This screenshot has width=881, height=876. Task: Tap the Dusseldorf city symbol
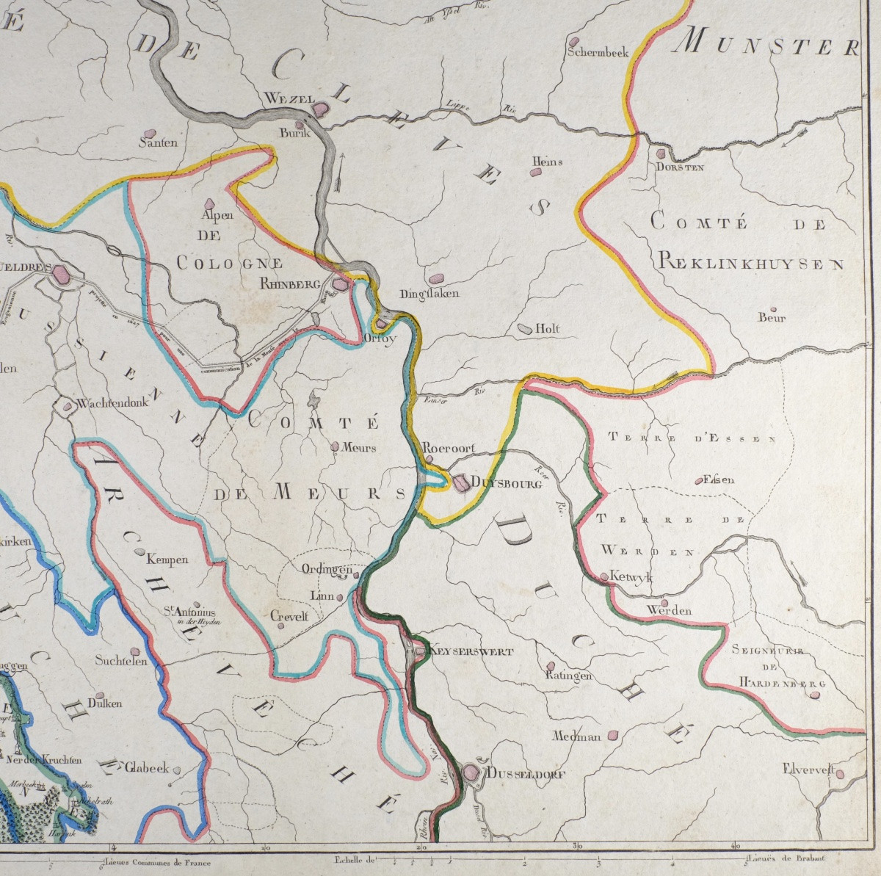[x=471, y=772]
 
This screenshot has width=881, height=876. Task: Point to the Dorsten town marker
[x=661, y=155]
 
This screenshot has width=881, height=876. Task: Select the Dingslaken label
[x=429, y=294]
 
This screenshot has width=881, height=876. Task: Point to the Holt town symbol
[x=526, y=328]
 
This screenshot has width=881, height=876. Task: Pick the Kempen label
[x=168, y=560]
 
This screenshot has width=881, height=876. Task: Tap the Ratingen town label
[x=568, y=676]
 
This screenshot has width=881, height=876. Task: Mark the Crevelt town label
[x=289, y=616]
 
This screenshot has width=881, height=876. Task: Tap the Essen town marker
[x=697, y=482]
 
